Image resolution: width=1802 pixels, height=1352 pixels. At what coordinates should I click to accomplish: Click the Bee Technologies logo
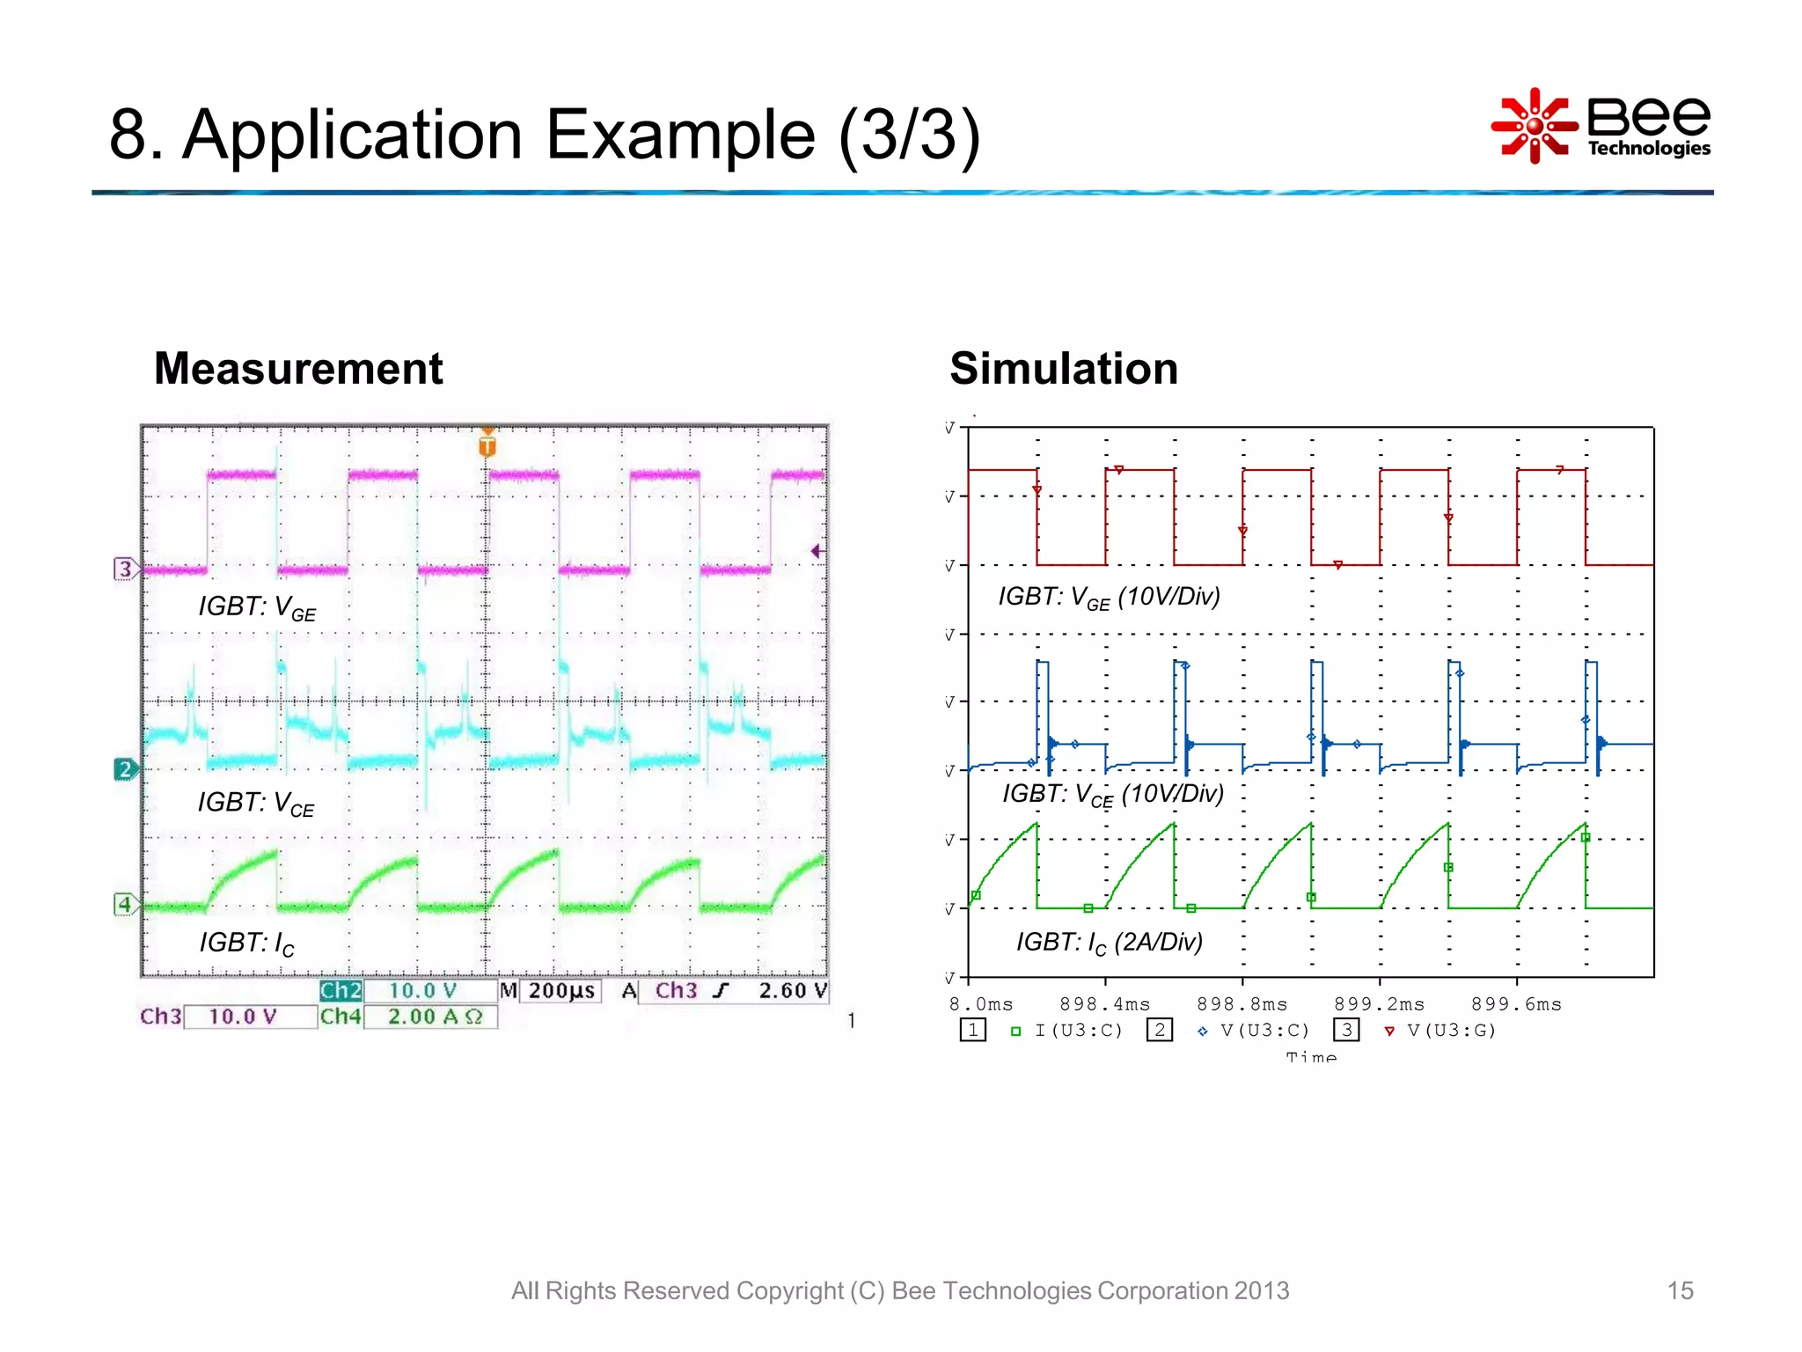coord(1601,126)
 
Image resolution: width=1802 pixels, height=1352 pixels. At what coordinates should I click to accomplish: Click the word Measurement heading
coord(298,368)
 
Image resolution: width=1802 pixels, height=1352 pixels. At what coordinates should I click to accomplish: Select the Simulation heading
coord(1063,368)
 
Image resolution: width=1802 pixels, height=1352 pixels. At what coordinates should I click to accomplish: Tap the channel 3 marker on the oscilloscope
coord(125,569)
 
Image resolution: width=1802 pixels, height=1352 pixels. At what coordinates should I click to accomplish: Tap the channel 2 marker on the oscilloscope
coord(125,769)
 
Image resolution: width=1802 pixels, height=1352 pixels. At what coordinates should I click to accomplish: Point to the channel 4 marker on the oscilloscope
coord(125,904)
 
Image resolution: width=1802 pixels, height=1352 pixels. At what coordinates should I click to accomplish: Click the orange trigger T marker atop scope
coord(487,445)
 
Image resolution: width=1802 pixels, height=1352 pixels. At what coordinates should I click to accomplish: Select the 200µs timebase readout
coord(560,991)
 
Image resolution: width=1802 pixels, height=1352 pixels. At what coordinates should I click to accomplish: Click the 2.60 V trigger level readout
coord(792,991)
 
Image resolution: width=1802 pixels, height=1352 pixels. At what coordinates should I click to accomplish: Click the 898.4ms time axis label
coord(1104,1004)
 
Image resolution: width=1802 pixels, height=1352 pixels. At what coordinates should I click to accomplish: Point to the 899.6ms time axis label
coord(1516,1004)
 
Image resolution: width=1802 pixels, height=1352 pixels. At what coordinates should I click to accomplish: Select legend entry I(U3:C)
coord(1078,1031)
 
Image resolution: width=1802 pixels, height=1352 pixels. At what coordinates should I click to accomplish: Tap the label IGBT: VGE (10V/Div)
coord(1109,598)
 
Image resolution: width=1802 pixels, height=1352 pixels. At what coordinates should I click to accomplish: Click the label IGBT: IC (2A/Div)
coord(1109,943)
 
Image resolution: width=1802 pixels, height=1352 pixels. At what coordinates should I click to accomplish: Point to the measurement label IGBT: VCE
coord(255,803)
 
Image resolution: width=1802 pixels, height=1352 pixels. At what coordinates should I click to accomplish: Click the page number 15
coord(1679,1290)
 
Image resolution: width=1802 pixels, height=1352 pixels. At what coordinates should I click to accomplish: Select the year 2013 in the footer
coord(1261,1290)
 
